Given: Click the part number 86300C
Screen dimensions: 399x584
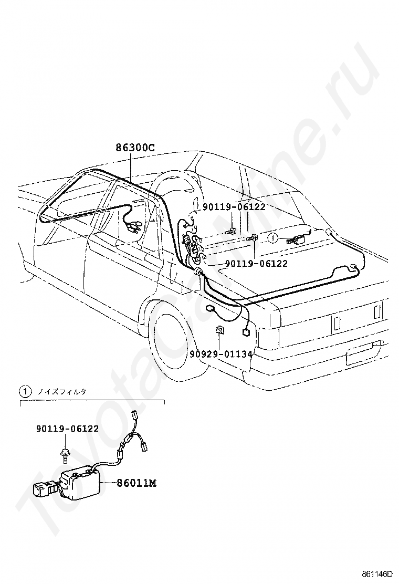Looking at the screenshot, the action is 134,148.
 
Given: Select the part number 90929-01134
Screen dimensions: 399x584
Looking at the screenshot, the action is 221,353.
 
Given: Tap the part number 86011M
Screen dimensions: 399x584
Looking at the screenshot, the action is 136,483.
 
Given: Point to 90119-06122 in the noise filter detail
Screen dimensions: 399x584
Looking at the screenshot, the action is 67,429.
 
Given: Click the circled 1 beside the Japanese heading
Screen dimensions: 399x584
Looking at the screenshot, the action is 25,391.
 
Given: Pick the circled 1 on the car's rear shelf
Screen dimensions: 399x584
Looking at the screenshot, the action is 273,237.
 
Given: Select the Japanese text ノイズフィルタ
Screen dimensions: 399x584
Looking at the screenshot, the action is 62,391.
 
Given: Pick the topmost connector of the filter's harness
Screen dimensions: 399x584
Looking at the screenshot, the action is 134,414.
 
